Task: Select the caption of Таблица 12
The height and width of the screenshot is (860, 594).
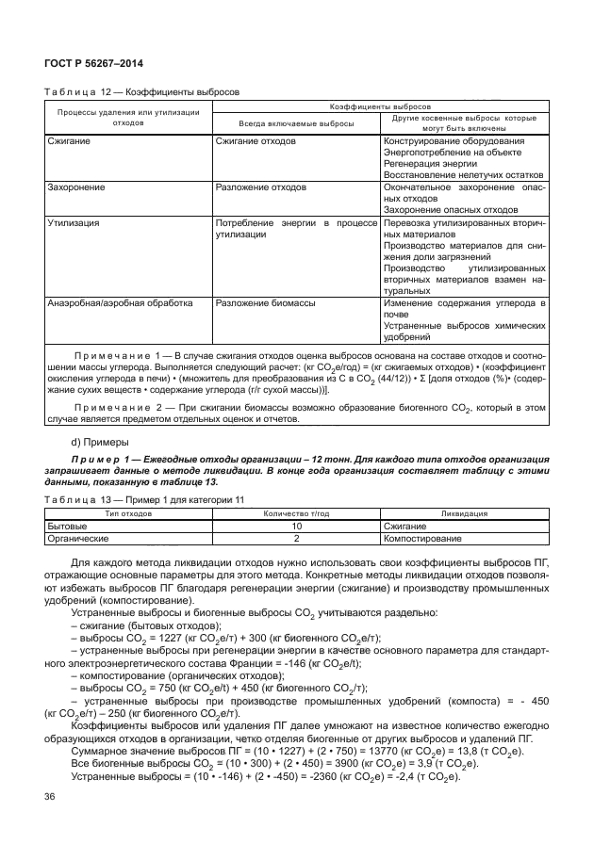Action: (x=142, y=92)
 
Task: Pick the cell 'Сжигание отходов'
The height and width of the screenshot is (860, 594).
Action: (x=255, y=141)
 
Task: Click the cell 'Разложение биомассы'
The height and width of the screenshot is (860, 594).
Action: (x=260, y=303)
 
